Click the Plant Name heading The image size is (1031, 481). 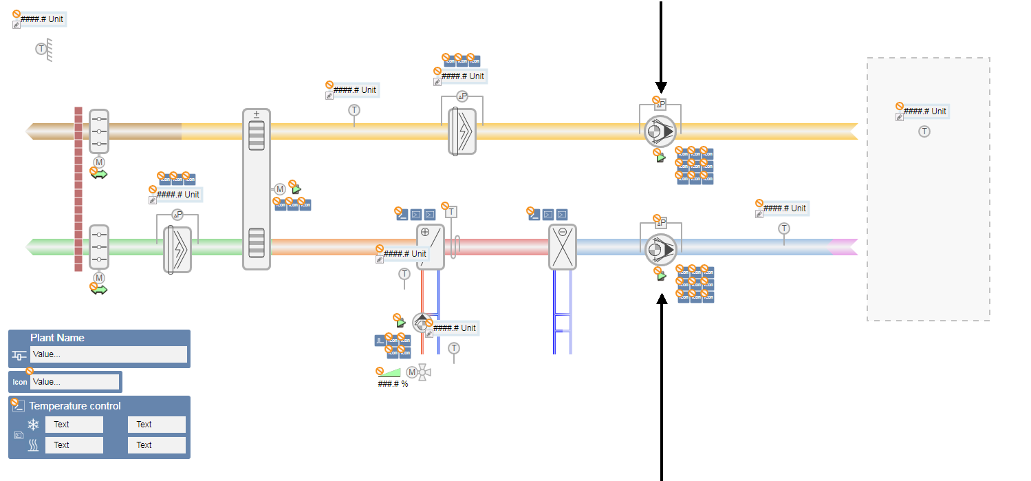point(57,338)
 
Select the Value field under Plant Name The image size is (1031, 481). point(108,354)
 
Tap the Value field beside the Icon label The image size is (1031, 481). point(74,382)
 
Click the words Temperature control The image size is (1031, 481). point(75,406)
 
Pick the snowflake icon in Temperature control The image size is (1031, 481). point(33,425)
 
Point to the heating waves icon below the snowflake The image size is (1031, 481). point(33,445)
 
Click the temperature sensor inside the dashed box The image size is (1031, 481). point(924,131)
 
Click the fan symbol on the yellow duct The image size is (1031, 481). point(660,131)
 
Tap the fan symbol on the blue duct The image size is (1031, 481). point(660,249)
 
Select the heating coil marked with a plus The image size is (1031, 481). point(431,246)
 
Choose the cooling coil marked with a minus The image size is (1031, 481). point(562,246)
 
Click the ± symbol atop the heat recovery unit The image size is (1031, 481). point(257,114)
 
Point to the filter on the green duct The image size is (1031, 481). point(177,248)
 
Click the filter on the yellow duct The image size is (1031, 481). point(462,131)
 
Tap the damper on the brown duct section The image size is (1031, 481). point(99,131)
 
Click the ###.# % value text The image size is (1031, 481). point(393,384)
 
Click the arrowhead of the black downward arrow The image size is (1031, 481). point(661,87)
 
